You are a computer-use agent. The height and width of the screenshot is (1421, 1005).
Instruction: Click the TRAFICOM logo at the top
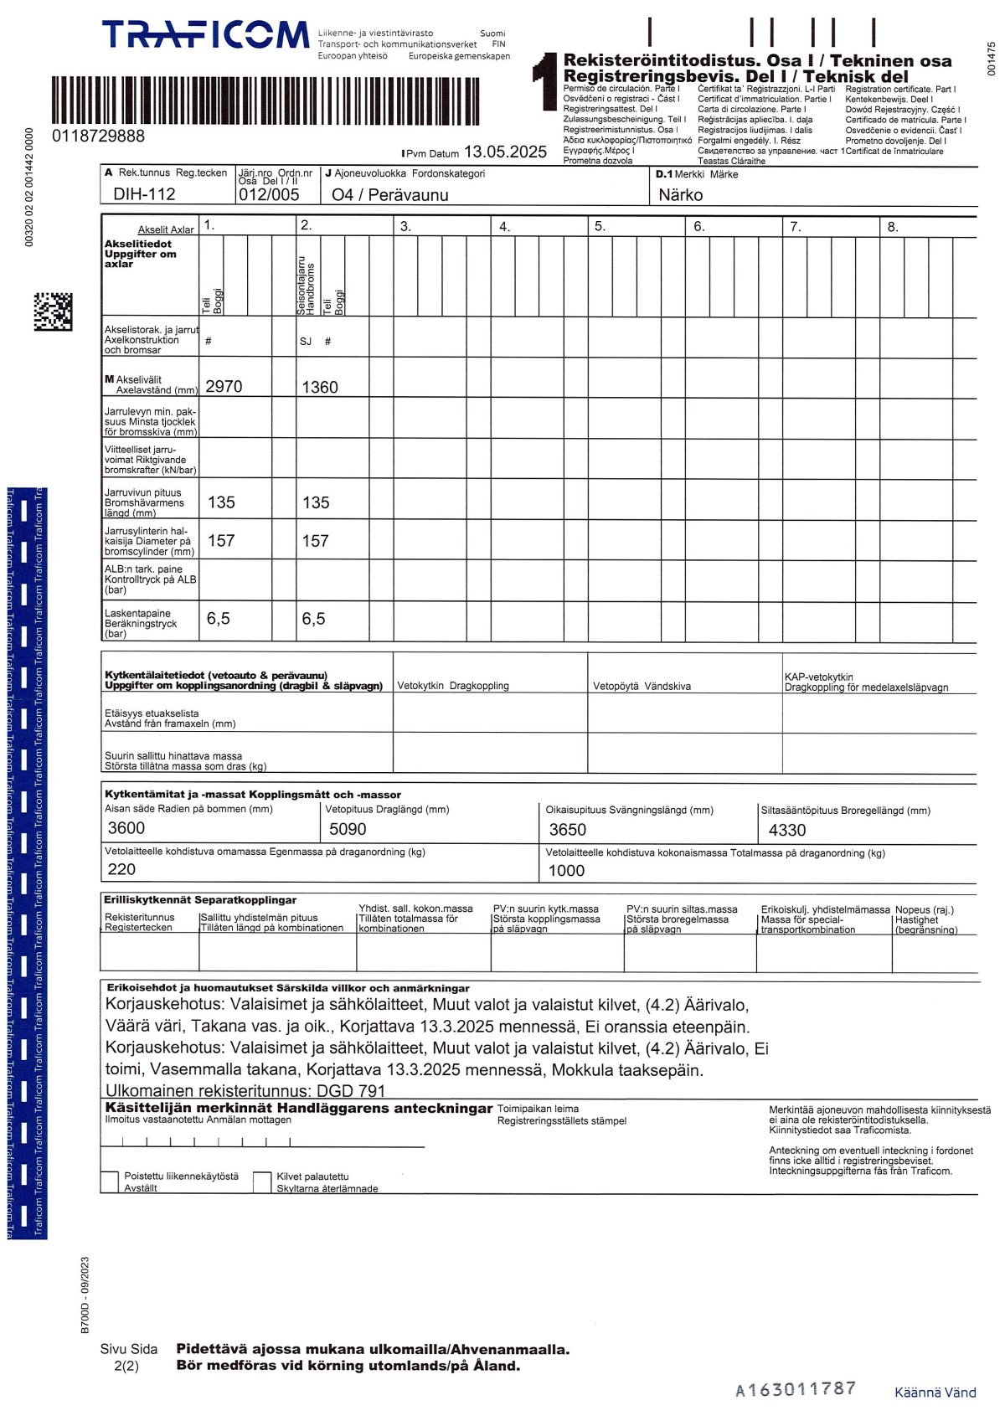(205, 35)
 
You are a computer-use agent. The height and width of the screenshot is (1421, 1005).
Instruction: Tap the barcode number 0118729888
(98, 136)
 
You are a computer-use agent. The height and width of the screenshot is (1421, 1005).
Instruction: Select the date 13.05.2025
(505, 152)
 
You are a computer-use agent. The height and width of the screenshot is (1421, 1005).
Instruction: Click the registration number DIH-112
(144, 194)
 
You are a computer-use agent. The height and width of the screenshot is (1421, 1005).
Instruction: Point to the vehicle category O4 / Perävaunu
(389, 195)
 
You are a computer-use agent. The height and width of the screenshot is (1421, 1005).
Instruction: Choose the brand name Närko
(680, 195)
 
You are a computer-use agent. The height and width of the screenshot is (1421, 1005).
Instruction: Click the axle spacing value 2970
(224, 387)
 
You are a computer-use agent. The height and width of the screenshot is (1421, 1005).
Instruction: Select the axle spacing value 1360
(320, 387)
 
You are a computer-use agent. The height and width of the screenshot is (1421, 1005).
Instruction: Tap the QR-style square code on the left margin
(53, 311)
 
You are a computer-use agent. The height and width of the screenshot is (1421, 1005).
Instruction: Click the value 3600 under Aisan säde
(126, 828)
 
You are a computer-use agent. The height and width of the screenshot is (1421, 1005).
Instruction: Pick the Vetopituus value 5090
(348, 829)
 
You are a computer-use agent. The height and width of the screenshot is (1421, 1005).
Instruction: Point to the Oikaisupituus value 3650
(567, 830)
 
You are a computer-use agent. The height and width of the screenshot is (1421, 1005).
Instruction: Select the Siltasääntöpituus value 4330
(786, 830)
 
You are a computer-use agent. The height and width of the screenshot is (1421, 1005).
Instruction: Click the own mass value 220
(121, 869)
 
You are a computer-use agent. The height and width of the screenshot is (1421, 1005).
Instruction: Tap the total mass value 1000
(566, 871)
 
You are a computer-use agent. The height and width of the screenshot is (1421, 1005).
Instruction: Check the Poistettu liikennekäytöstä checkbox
(110, 1181)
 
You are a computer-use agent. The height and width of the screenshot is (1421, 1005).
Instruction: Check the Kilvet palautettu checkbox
(262, 1181)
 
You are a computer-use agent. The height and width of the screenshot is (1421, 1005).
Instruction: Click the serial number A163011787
(796, 1389)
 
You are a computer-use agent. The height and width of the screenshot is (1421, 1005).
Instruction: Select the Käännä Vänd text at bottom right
(935, 1393)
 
